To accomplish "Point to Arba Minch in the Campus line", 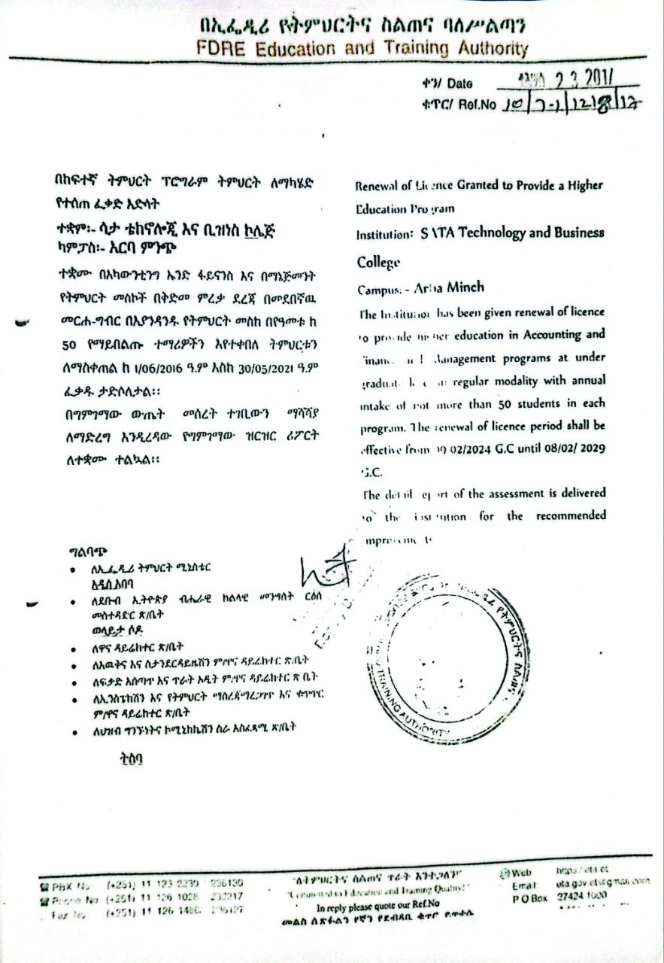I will point(447,288).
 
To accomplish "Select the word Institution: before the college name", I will point(384,235).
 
